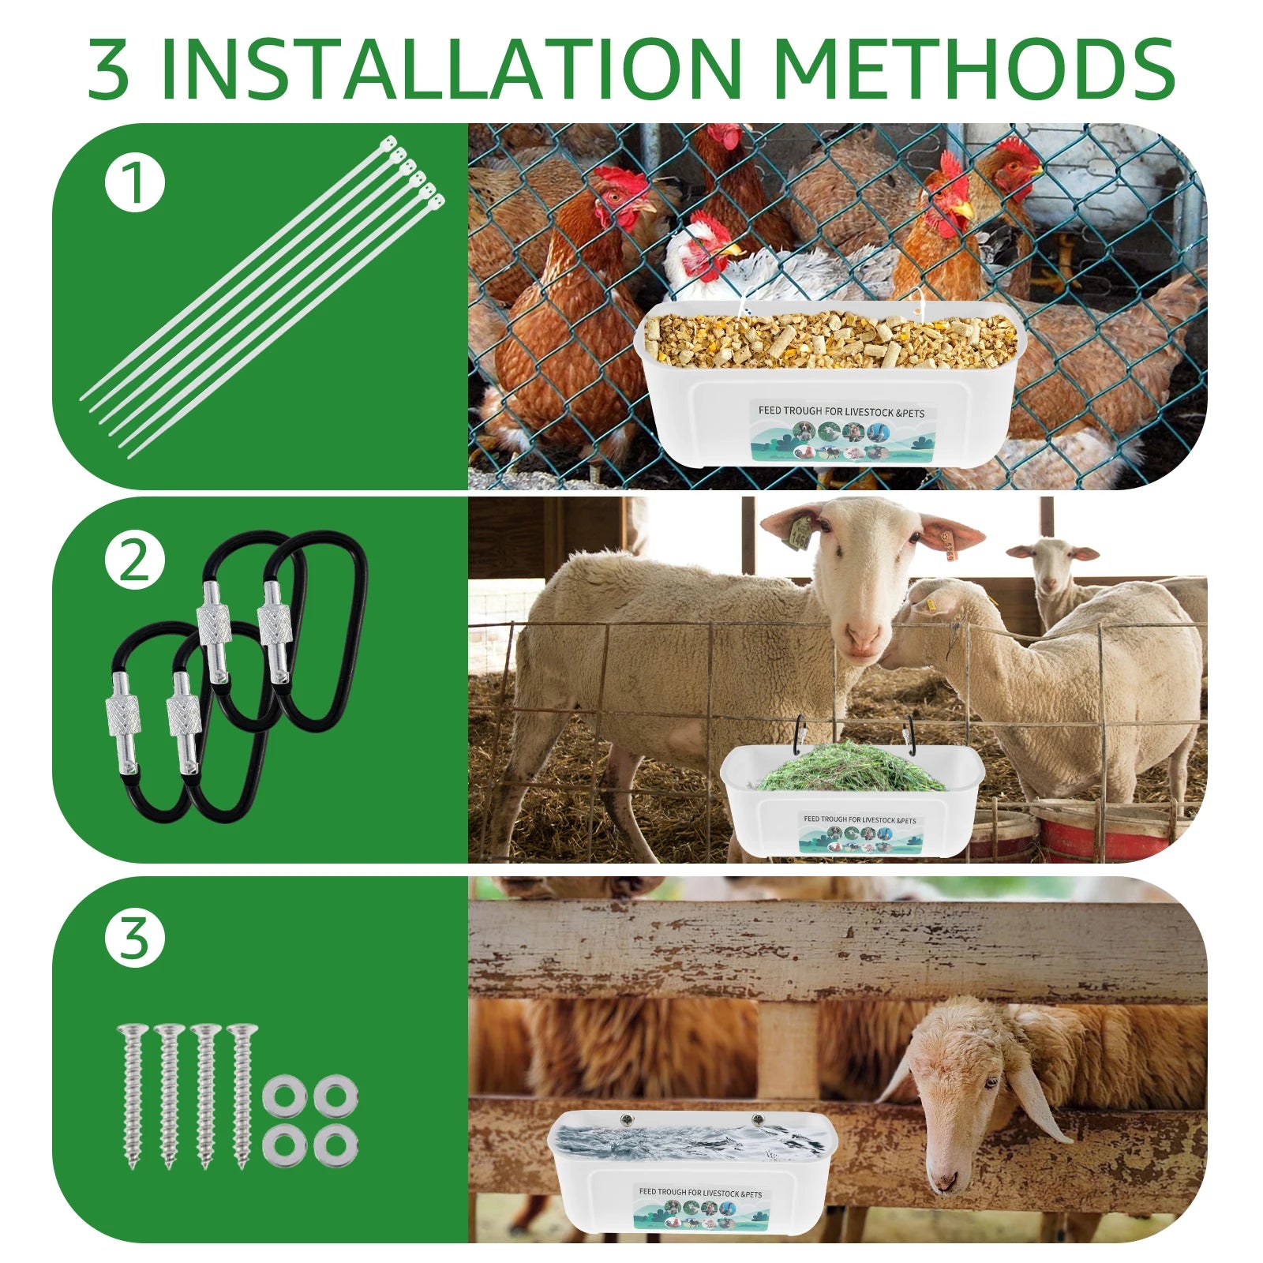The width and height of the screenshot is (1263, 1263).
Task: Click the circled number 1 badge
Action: pyautogui.click(x=135, y=182)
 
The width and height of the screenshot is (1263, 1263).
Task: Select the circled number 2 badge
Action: pyautogui.click(x=135, y=561)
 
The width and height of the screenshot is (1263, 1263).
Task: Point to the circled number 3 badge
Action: pyautogui.click(x=135, y=939)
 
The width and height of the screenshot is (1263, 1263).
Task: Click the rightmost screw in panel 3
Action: pyautogui.click(x=242, y=1096)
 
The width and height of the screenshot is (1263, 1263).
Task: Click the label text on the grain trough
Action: pyautogui.click(x=841, y=411)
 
